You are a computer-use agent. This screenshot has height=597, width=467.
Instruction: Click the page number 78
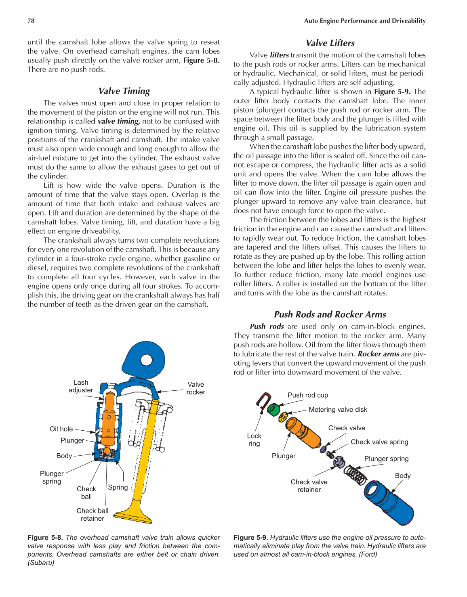[x=31, y=21]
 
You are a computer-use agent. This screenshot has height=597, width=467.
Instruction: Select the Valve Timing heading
[x=124, y=91]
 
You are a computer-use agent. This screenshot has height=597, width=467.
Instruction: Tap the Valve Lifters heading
[x=330, y=43]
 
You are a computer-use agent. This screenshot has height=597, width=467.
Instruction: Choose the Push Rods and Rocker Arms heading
[x=330, y=314]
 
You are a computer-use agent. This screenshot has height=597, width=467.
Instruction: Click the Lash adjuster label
[x=81, y=386]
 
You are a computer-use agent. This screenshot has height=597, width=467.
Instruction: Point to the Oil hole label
[x=61, y=429]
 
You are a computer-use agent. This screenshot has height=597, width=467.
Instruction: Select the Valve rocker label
[x=196, y=388]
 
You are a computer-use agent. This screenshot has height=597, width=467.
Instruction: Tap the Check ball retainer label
[x=93, y=515]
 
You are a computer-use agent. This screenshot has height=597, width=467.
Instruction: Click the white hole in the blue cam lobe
[x=146, y=360]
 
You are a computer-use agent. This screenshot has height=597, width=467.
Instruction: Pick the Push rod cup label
[x=308, y=395]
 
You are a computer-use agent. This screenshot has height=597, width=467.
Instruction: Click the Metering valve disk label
[x=338, y=410]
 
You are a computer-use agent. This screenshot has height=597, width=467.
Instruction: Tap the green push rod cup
[x=274, y=409]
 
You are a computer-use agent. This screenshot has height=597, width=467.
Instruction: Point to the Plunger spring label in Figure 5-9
[x=386, y=459]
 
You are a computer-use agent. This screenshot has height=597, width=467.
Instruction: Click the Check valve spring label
[x=379, y=442]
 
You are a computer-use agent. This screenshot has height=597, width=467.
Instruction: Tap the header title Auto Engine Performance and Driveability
[x=365, y=21]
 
